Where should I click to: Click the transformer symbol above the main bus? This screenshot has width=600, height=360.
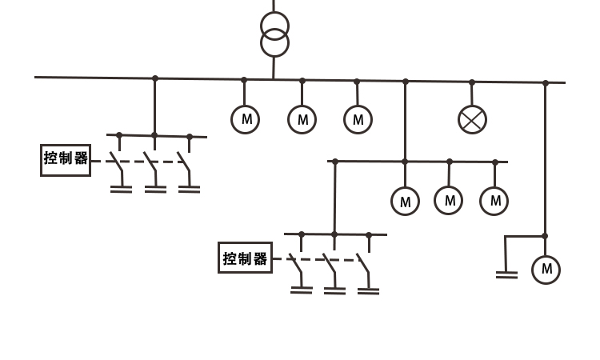274,34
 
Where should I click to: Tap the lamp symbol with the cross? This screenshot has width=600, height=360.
472,119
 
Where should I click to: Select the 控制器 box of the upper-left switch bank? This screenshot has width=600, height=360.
66,159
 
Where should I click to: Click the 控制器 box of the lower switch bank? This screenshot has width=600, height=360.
244,258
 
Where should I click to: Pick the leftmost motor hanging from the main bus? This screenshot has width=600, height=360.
245,119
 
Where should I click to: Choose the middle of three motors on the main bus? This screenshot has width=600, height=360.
302,119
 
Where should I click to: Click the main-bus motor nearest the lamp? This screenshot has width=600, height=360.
358,119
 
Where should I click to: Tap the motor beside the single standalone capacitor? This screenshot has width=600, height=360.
546,269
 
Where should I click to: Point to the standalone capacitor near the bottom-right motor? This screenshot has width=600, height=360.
506,274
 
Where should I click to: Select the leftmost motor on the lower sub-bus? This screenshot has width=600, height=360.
405,201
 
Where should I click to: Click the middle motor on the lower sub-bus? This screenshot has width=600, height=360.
450,200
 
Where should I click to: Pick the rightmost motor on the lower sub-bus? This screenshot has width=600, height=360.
495,200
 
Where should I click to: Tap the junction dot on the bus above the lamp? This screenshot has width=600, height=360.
472,82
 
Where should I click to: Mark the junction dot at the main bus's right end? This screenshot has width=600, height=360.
546,82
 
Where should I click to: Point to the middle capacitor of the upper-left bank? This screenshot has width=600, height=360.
154,190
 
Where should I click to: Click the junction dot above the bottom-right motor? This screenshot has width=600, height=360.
545,236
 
